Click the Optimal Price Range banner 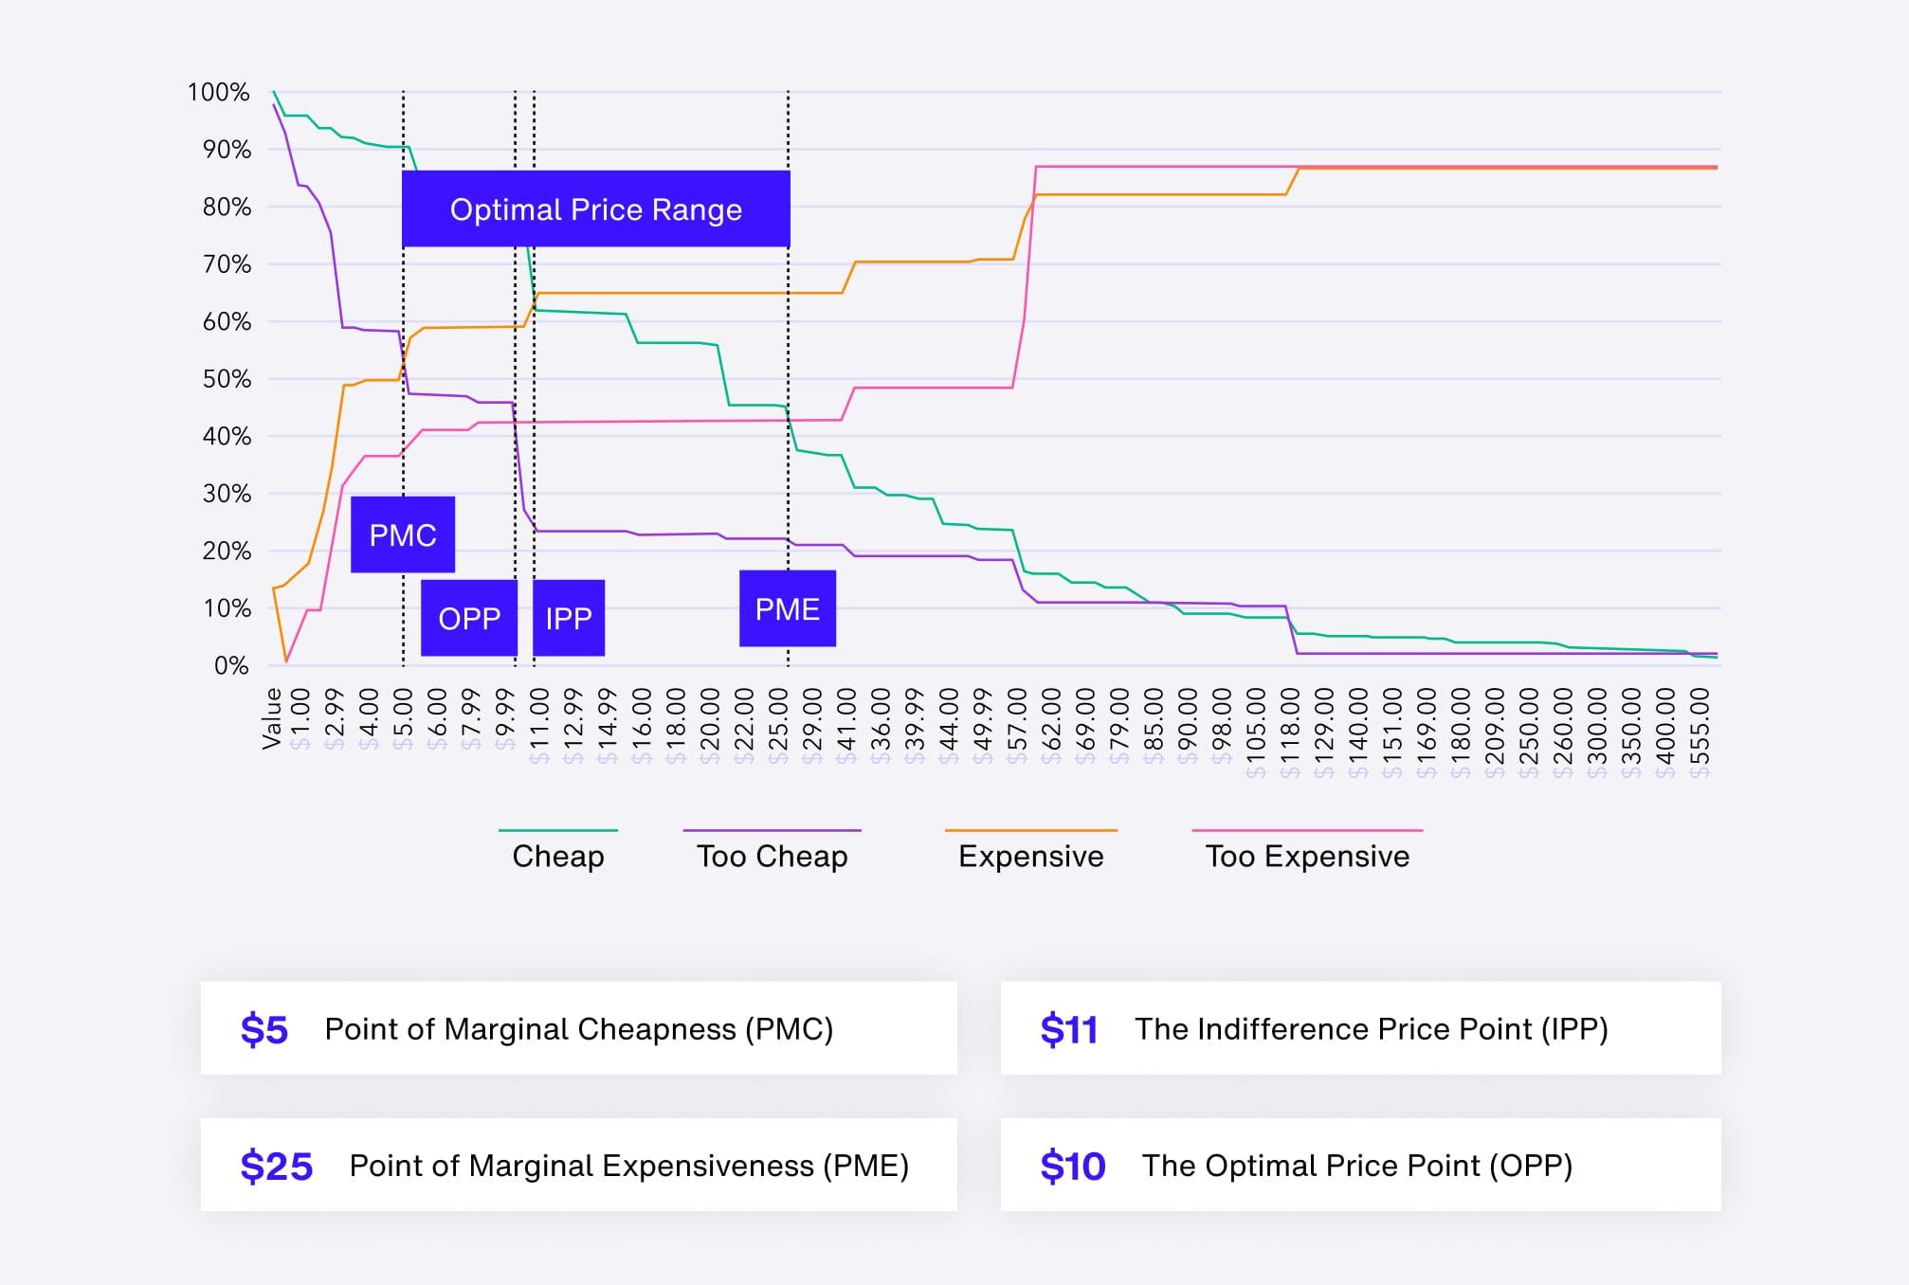595,209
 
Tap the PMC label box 403,535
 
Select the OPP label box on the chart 469,618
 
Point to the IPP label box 569,618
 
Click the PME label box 787,608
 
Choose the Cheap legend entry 558,856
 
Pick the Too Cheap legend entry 772,856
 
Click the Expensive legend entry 1030,856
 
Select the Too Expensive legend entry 1307,856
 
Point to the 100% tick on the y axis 219,92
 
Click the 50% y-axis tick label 227,379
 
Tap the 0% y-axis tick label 231,665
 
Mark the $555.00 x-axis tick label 1700,732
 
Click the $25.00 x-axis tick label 778,725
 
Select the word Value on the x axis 272,718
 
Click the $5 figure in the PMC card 264,1029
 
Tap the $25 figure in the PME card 276,1166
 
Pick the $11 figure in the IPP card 1068,1029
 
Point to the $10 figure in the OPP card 1072,1166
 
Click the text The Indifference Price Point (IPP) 1371,1029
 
